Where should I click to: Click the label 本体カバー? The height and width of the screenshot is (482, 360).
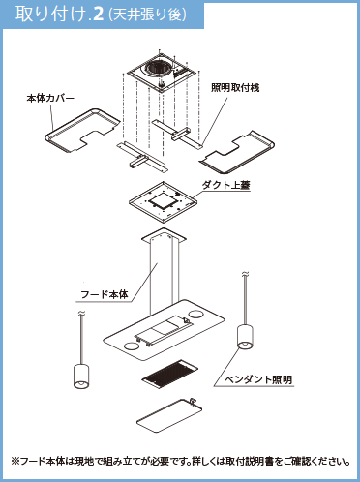[50, 98]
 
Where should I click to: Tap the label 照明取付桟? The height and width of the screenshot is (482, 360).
[235, 87]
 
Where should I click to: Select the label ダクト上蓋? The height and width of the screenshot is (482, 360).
[225, 185]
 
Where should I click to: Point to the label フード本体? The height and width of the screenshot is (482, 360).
[105, 294]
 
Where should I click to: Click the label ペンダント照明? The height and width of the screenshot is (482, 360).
[258, 379]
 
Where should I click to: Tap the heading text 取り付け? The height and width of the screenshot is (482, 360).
[51, 15]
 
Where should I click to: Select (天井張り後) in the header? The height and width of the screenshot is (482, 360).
[148, 15]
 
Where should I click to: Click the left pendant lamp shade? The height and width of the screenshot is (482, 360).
[81, 376]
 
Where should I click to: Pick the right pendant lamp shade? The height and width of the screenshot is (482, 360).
[245, 337]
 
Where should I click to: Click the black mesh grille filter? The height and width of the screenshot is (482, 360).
[170, 374]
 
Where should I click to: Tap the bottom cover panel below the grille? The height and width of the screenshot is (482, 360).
[169, 415]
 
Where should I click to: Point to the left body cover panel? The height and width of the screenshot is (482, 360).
[82, 131]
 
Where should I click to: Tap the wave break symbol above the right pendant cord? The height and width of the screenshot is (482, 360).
[245, 275]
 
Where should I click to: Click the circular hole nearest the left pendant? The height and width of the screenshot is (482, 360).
[131, 346]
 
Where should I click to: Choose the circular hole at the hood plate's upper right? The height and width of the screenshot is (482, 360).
[195, 314]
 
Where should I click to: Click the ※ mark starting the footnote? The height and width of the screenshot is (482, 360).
[15, 461]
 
